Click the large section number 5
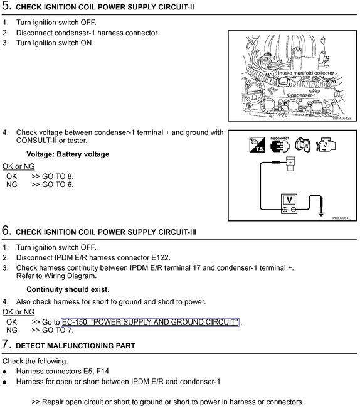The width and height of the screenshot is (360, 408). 6,8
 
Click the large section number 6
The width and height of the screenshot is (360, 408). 6,231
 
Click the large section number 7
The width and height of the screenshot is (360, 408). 6,345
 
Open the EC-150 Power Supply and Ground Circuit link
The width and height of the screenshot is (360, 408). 151,322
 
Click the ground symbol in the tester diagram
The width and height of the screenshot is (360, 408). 321,213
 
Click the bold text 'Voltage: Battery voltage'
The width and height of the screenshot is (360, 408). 68,154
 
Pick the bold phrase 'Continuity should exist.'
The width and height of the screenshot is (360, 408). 68,289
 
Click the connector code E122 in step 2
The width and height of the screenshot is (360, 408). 159,257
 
